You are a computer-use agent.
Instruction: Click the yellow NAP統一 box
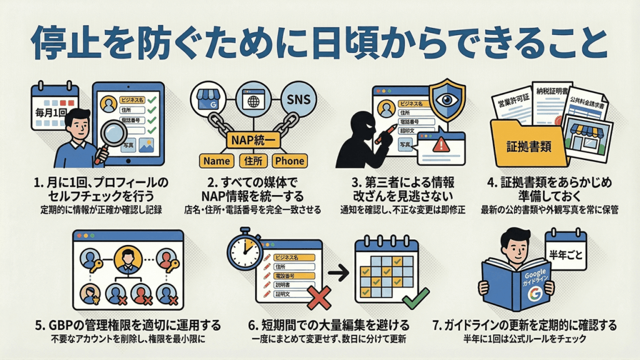coord(254,138)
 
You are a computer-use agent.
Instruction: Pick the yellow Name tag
coord(217,161)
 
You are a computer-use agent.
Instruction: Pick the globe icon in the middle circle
coord(254,101)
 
